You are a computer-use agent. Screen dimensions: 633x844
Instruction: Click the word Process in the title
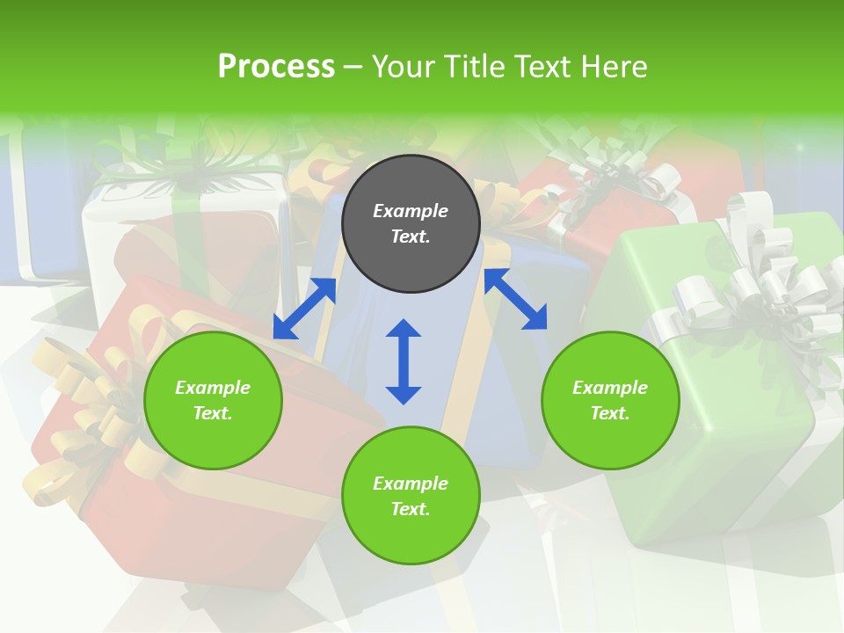(276, 67)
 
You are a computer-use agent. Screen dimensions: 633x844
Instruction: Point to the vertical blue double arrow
(404, 361)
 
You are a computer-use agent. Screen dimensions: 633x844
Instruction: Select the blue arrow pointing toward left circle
(304, 309)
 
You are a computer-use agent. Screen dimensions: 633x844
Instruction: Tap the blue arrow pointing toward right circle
(516, 299)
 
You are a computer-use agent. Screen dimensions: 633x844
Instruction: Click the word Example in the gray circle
(411, 211)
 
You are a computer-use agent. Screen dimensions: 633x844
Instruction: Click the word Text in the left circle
(213, 413)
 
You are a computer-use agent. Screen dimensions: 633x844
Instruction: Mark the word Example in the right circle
(610, 388)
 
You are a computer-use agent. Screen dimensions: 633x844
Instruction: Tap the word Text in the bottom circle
(411, 509)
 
